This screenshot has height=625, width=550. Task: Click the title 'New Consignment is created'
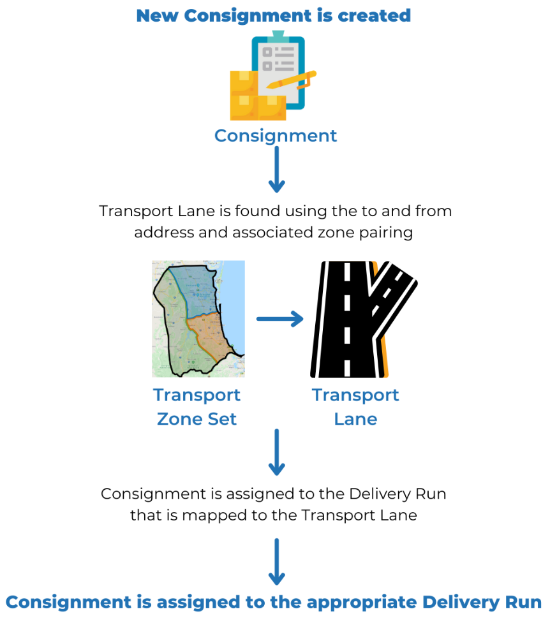[273, 15]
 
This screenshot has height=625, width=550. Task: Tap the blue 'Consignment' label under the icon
[275, 136]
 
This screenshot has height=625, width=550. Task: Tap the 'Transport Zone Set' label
[197, 407]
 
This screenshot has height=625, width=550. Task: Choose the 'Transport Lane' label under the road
[355, 407]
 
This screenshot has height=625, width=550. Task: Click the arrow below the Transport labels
[276, 453]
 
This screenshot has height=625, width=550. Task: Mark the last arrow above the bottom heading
[276, 562]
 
